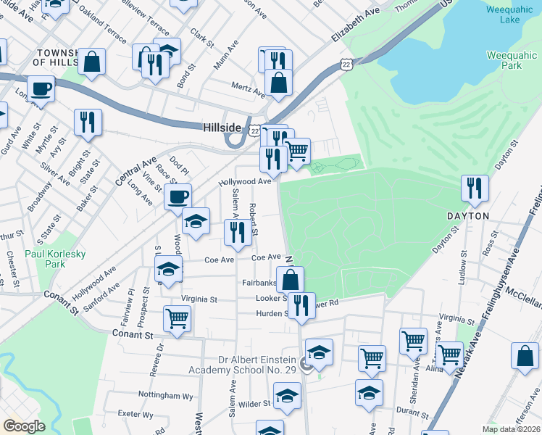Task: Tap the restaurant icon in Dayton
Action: pyautogui.click(x=475, y=187)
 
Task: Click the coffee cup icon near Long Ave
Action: pyautogui.click(x=178, y=195)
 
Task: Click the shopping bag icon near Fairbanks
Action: pyautogui.click(x=289, y=278)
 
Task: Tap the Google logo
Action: pyautogui.click(x=23, y=426)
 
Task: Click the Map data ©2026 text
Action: pyautogui.click(x=511, y=429)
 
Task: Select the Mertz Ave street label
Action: pyautogui.click(x=249, y=91)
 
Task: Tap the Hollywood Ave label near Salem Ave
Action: pyautogui.click(x=245, y=182)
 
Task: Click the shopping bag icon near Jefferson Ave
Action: pyautogui.click(x=525, y=355)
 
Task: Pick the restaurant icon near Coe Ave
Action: pyautogui.click(x=237, y=231)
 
